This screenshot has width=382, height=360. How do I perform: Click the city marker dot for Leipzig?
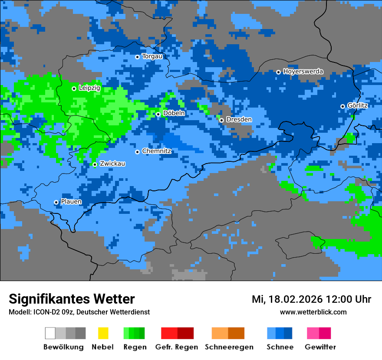tap(74, 88)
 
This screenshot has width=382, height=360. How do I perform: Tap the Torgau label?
tap(152, 56)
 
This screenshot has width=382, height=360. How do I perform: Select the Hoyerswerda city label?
tap(303, 72)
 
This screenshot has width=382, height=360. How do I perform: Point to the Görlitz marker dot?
tap(342, 106)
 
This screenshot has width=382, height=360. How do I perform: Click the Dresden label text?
tap(239, 120)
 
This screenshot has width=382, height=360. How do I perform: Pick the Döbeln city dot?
tap(158, 114)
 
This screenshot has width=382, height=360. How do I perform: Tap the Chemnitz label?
tap(156, 151)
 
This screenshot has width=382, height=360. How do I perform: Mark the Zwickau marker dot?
tap(95, 164)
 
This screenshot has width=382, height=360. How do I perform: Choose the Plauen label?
tap(71, 202)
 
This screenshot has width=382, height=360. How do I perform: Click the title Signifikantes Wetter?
tap(72, 299)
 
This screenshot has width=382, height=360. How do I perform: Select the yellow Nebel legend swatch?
tap(103, 333)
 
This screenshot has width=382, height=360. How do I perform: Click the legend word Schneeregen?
tap(229, 347)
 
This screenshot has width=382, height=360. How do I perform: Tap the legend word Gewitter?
tap(320, 347)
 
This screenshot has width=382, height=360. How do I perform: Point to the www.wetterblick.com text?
tap(313, 312)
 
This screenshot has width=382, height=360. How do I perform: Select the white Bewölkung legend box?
tap(50, 333)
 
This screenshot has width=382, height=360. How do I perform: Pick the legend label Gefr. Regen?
tap(176, 347)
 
